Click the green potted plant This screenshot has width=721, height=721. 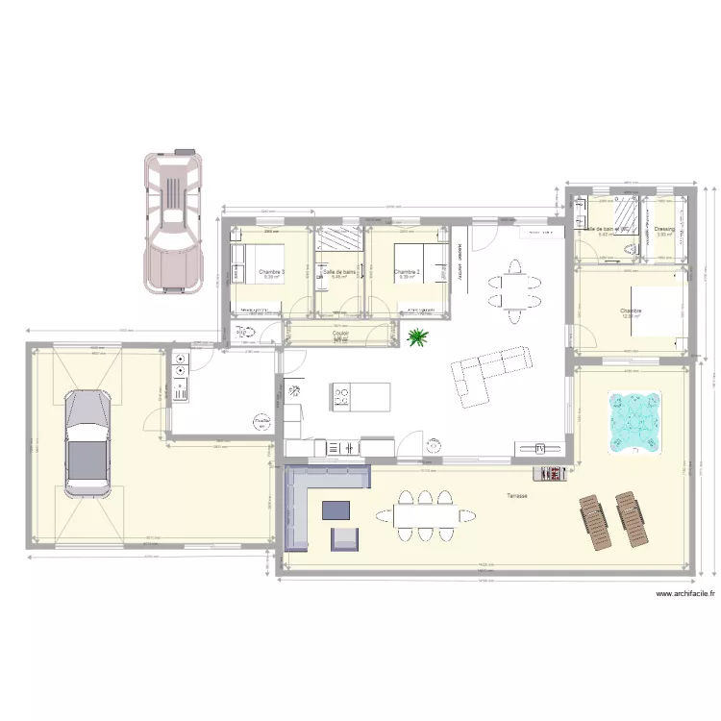click(418, 336)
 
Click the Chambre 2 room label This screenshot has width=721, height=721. click(408, 272)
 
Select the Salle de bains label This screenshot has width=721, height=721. click(340, 272)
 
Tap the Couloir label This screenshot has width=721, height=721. click(340, 334)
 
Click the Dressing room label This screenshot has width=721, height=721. click(664, 229)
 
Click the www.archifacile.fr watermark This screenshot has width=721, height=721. click(685, 594)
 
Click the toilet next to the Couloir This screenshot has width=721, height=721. click(241, 333)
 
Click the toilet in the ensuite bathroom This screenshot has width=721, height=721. click(628, 251)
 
